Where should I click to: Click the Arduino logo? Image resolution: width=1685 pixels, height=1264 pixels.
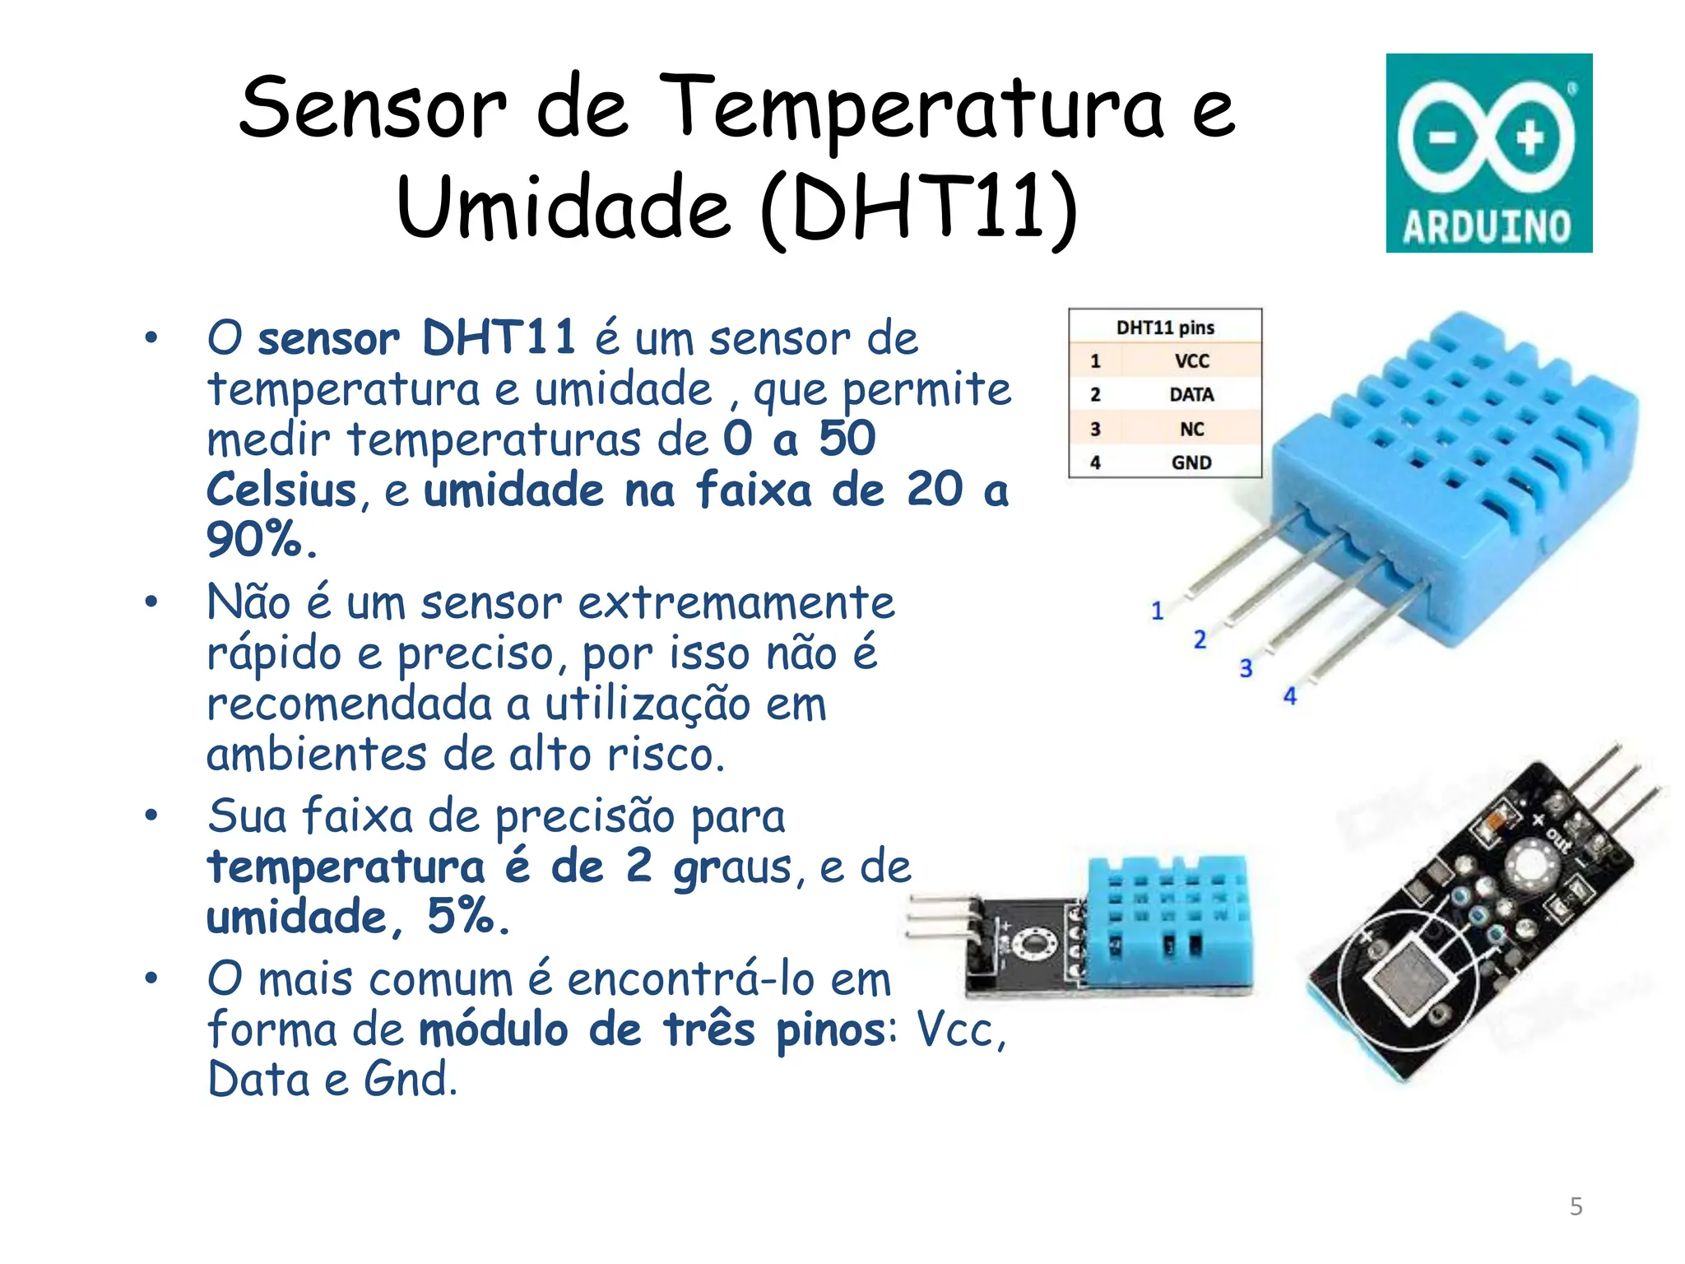coord(1488,153)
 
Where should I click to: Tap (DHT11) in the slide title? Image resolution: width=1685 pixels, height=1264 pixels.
coord(918,209)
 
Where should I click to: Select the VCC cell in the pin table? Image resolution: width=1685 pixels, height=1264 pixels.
coord(1191,361)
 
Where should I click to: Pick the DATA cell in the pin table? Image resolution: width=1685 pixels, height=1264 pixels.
coord(1191,395)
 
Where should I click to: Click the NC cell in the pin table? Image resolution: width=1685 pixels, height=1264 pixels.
coord(1191,430)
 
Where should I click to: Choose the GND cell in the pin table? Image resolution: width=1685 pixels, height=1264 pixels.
coord(1191,463)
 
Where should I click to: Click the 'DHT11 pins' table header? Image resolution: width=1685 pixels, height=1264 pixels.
coord(1165,328)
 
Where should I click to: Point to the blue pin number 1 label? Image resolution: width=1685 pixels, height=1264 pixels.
coord(1157,611)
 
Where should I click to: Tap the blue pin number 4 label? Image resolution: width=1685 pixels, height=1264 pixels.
coord(1289,697)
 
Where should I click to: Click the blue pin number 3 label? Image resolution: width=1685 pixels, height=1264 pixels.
coord(1246,668)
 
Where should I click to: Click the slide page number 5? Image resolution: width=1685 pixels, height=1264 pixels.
coord(1576,1206)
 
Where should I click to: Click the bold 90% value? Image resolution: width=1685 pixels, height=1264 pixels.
coord(260,541)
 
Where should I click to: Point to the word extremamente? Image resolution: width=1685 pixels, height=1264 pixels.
coord(736,603)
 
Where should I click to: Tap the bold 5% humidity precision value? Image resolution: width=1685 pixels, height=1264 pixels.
coord(467,916)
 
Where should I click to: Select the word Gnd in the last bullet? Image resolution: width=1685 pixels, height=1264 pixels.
coord(410,1080)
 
